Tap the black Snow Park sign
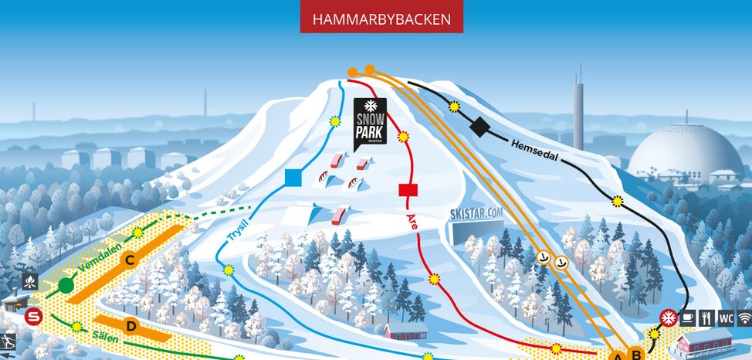pyautogui.click(x=371, y=122)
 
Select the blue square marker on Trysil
pyautogui.click(x=293, y=178)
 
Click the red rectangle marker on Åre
pyautogui.click(x=408, y=190)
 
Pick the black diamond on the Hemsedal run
pyautogui.click(x=480, y=127)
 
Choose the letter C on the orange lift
pyautogui.click(x=130, y=260)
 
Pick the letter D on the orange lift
pyautogui.click(x=131, y=327)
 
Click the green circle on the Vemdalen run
pyautogui.click(x=66, y=286)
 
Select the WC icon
pyautogui.click(x=726, y=318)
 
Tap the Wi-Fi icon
pyautogui.click(x=744, y=318)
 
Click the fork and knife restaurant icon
pyautogui.click(x=706, y=318)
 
